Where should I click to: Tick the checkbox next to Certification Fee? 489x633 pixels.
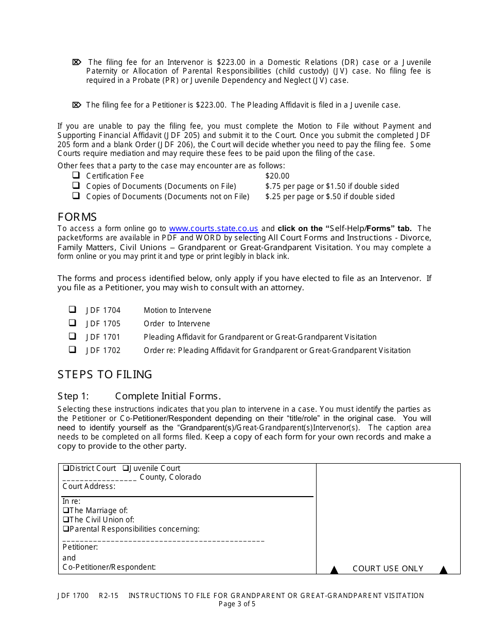coord(76,175)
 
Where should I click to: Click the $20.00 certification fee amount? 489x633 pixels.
coord(277,176)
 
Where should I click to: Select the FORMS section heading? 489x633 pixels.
coord(77,217)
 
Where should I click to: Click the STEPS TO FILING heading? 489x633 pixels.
coord(105,374)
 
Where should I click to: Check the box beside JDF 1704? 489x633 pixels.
coord(73,310)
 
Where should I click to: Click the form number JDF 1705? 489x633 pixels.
coord(103,324)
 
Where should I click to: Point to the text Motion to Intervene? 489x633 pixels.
coord(177,310)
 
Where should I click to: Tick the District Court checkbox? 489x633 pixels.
coord(66,468)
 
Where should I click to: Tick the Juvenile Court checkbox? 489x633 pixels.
coord(126,468)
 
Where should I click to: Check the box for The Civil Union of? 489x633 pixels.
coord(66,520)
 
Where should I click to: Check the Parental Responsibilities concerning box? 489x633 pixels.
coord(66,529)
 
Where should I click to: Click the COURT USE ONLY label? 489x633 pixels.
coord(388,569)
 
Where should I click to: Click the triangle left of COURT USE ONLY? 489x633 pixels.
coord(334,570)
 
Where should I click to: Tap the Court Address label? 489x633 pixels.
coord(89,486)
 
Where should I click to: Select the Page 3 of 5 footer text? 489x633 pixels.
coord(237,604)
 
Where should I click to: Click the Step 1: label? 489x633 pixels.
coord(73,396)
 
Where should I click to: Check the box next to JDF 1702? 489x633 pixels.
coord(73,350)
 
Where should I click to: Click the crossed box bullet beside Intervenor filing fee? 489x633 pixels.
coord(77,62)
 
